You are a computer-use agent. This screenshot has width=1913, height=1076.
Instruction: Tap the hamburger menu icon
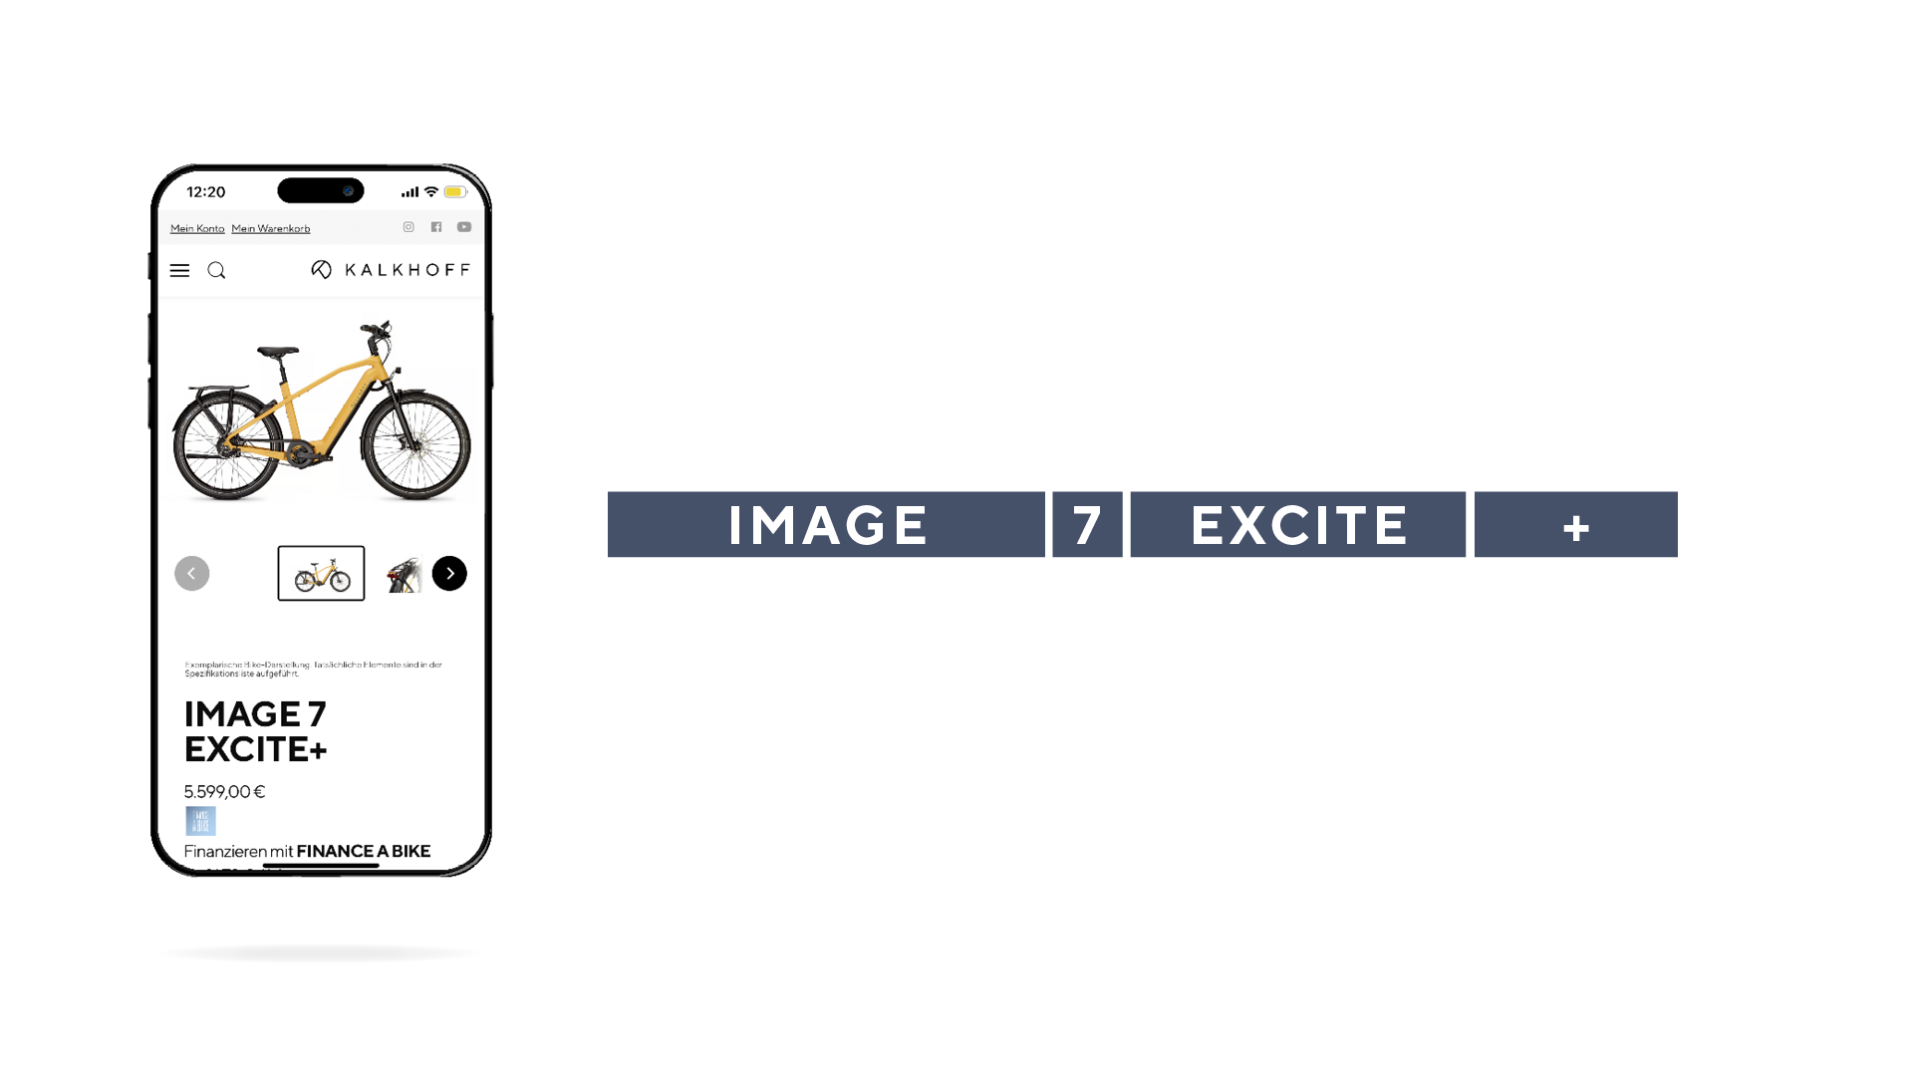click(179, 271)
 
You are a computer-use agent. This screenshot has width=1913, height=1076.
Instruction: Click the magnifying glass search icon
click(216, 271)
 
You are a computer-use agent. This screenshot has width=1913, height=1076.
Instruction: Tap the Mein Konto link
click(197, 229)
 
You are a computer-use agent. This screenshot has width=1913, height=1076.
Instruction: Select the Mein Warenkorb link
click(271, 229)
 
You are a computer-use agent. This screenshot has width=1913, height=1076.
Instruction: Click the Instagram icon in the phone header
click(409, 227)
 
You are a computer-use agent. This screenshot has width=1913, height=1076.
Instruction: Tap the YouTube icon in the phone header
click(464, 227)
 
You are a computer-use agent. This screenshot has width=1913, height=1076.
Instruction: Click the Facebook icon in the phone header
click(436, 227)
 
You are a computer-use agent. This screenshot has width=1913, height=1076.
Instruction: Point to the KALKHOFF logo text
click(407, 270)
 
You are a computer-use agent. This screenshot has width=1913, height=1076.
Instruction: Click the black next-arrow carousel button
click(449, 573)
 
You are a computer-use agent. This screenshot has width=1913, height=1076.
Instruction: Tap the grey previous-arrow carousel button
click(192, 573)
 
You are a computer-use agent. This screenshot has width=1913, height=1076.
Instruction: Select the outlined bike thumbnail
click(321, 573)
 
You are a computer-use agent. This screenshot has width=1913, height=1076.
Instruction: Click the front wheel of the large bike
click(416, 444)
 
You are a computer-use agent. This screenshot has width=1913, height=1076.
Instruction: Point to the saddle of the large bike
click(277, 352)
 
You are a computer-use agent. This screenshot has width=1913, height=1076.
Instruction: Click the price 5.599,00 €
click(224, 792)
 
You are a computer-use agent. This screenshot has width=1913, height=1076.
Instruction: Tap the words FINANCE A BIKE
click(364, 851)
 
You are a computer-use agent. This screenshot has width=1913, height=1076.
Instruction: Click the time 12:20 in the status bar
click(206, 192)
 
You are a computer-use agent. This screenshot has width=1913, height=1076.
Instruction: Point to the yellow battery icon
click(454, 192)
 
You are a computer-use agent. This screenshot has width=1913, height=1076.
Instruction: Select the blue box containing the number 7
click(1087, 525)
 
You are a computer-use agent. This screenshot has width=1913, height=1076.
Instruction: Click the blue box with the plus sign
click(1575, 525)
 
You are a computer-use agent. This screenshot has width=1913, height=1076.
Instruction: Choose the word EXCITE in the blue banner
click(1298, 525)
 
